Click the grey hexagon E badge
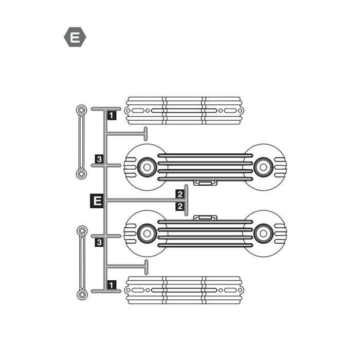coord(75,37)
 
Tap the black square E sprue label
coord(97,201)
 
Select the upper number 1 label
coord(112,115)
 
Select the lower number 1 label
coord(112,285)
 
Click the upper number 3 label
coord(99,159)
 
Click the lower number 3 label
coord(99,242)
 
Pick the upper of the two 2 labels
coord(180,194)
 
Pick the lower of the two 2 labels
coord(180,206)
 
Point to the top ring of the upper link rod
coord(81,111)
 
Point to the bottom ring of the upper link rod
coord(81,174)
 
